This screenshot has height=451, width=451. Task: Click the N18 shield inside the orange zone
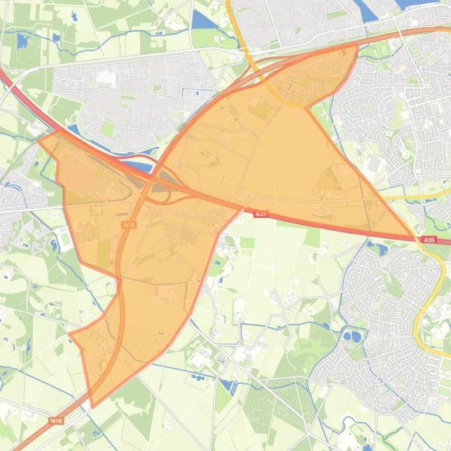[129, 224]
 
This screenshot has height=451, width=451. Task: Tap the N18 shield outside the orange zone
[56, 420]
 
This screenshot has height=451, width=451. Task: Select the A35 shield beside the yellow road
[429, 240]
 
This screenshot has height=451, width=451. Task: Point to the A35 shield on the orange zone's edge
[261, 214]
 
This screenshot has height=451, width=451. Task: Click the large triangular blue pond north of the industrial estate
[203, 21]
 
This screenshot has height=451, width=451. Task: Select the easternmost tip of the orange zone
[415, 237]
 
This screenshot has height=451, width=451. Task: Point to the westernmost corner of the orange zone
[39, 140]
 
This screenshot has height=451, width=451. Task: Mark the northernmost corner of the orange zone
[357, 46]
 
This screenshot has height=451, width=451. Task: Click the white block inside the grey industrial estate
[105, 77]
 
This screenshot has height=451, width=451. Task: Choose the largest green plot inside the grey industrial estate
[108, 128]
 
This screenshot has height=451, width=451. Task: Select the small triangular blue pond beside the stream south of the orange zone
[226, 384]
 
